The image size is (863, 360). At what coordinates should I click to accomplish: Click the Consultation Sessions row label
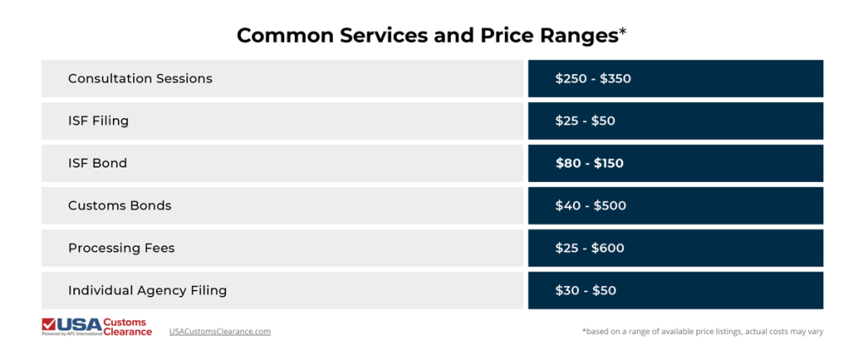[140, 78]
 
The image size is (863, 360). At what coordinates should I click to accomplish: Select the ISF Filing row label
[99, 121]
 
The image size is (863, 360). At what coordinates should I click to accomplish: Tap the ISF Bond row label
[98, 163]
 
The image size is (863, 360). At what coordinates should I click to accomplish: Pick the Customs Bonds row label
[120, 205]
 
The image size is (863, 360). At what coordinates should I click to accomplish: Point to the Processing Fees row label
[121, 248]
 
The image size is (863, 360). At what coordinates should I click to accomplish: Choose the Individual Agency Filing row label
[147, 290]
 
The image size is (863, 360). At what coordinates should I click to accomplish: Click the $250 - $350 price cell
[592, 78]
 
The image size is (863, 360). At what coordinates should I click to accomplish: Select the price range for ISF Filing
[585, 121]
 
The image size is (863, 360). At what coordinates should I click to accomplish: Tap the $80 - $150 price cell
[589, 163]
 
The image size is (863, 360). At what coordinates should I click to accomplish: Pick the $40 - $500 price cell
[590, 205]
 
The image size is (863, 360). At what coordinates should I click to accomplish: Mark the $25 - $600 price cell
[589, 248]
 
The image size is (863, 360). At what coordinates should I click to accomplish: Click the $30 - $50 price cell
[585, 290]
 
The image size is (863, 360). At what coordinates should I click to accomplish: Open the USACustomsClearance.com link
[220, 331]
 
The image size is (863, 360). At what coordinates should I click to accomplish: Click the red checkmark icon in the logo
[49, 324]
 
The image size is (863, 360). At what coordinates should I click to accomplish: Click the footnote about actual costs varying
[702, 331]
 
